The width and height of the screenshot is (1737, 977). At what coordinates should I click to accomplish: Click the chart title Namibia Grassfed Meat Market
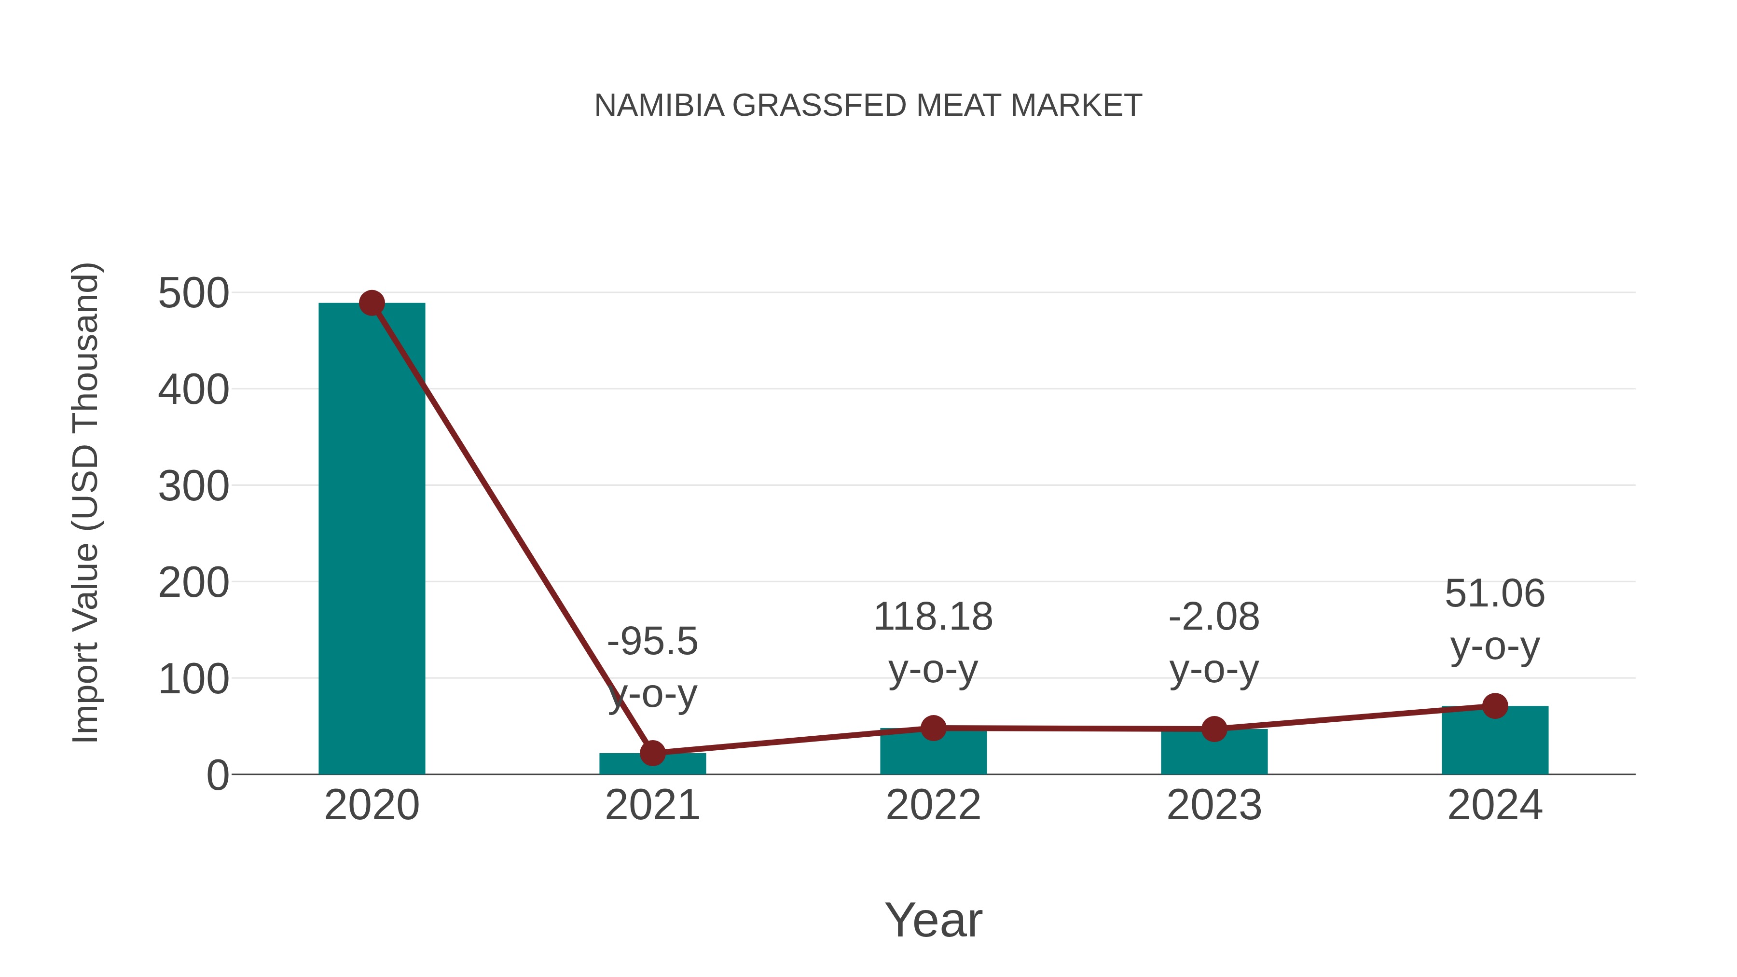868,106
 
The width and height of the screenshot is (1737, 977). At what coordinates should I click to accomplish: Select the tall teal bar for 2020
372,539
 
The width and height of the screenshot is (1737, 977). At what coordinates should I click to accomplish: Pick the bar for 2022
933,753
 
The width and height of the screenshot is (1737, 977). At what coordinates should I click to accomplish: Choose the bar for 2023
1214,753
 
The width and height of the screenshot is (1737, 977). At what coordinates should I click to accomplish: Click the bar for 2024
1495,742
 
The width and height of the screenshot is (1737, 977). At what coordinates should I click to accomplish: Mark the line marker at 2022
933,728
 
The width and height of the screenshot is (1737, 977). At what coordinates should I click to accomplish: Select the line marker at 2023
1214,729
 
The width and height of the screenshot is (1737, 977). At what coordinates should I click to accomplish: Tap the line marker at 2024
1495,706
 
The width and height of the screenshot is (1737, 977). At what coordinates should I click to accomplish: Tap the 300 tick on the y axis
193,487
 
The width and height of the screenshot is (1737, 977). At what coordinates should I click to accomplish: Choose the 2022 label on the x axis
933,805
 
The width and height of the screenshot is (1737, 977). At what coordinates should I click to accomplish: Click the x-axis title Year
933,920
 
